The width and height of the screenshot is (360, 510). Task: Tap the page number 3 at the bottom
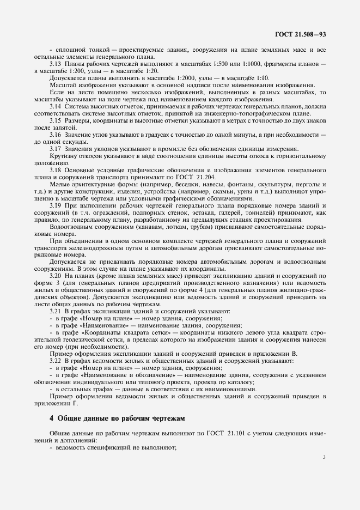324,457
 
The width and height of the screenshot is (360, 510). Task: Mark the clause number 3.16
56,134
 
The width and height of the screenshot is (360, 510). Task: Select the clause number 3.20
56,276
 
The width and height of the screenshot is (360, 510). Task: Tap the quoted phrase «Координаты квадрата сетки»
126,332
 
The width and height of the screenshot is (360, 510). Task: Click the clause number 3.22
56,361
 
